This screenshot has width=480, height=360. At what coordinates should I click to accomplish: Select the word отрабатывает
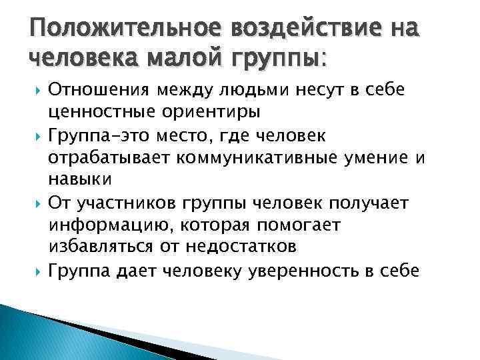coord(109,158)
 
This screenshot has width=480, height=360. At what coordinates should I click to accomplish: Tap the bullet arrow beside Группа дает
coord(37,271)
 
